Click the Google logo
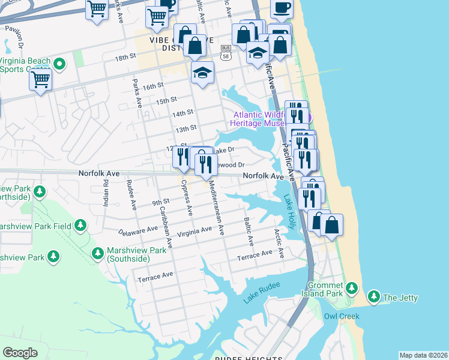[20, 353]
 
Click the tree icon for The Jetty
[374, 297]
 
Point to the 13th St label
[185, 128]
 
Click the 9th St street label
[158, 202]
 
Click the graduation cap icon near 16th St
[202, 73]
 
